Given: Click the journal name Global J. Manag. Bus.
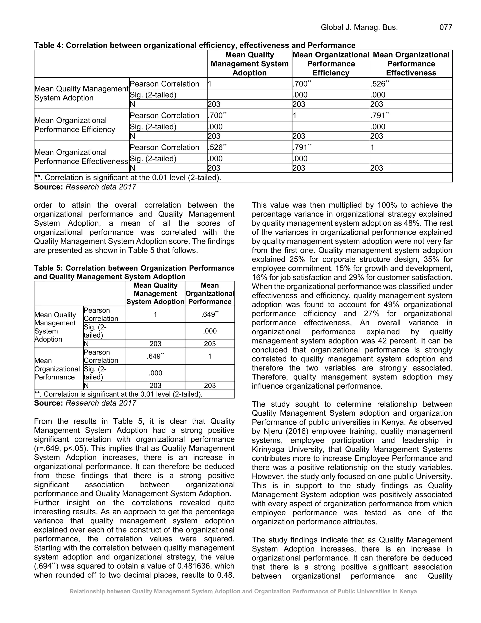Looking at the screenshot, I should (359, 27).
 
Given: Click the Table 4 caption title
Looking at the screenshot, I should (195, 45).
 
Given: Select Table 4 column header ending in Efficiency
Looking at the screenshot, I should (331, 64).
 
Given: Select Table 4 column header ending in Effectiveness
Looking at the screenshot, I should (411, 64).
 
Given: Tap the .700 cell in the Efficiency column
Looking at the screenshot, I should (300, 84).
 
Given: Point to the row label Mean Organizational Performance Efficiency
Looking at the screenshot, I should (75, 125).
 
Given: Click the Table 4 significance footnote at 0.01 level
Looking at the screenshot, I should (128, 178).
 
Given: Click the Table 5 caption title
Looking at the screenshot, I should (134, 272).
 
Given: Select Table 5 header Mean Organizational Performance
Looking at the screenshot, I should (210, 294).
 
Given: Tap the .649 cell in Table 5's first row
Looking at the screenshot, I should (210, 314).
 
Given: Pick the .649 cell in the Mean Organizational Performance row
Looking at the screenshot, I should (155, 356).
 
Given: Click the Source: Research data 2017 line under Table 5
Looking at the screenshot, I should (85, 403).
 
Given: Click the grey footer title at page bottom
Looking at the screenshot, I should (243, 591).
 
